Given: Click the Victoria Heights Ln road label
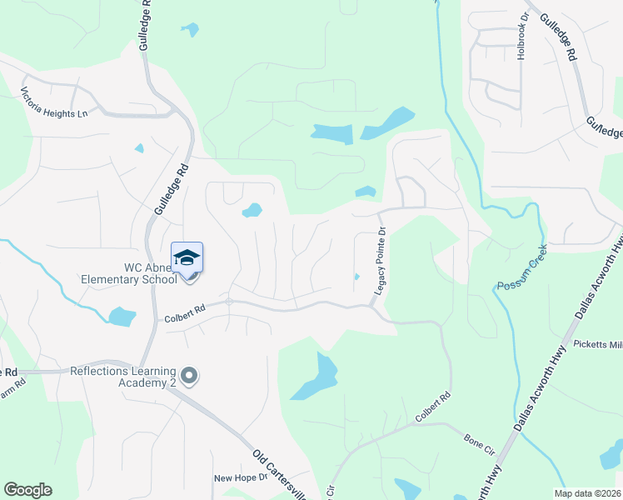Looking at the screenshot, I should (x=54, y=102).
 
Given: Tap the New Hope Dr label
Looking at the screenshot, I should (x=241, y=477).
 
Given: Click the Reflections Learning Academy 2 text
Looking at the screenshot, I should (x=123, y=377).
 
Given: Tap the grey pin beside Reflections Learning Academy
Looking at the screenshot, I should (x=189, y=377).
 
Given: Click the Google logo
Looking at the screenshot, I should (x=27, y=489).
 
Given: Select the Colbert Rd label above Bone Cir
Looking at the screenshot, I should (x=434, y=406).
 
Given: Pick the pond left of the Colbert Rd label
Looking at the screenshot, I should (x=122, y=317).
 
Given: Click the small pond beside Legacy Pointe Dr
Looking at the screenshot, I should (x=356, y=277).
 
